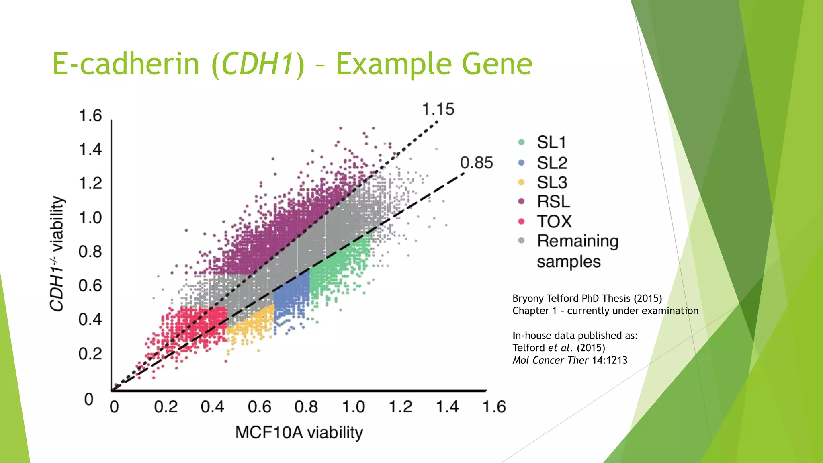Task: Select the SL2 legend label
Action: tap(552, 163)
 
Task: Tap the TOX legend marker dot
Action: tap(522, 221)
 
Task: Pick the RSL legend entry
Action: tap(553, 201)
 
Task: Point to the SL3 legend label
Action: tap(552, 182)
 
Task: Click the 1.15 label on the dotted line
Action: tap(438, 109)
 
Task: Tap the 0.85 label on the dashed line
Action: tap(476, 163)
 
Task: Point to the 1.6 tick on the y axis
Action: tap(90, 116)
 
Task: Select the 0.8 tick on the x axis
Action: tap(306, 407)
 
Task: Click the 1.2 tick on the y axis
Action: tap(90, 184)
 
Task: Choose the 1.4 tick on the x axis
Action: tap(447, 407)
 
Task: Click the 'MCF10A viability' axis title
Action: tap(299, 433)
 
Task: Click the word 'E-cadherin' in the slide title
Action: tap(126, 64)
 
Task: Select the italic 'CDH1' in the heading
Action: tap(257, 64)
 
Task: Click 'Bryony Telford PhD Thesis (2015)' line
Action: tap(587, 299)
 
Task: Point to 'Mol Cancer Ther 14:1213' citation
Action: tap(570, 361)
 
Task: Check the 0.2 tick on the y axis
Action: tap(90, 354)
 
